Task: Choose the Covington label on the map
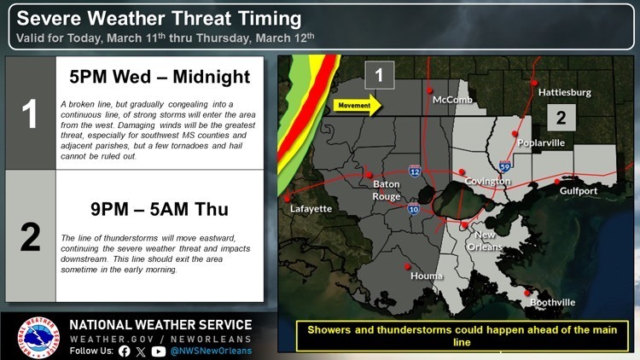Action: (488, 182)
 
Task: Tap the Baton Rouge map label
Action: (387, 189)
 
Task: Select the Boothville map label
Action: (553, 303)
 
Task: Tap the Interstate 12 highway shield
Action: (413, 171)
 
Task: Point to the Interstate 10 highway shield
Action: (413, 208)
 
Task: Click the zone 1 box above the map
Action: (379, 76)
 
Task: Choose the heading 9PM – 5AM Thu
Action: (160, 209)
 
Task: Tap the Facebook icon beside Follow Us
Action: (125, 351)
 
